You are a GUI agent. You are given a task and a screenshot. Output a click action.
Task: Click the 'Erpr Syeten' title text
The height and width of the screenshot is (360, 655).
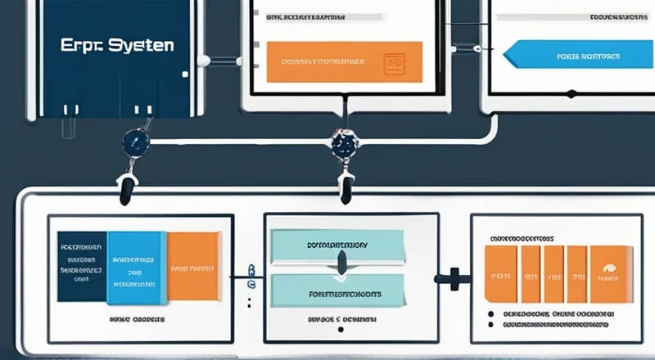[117, 46]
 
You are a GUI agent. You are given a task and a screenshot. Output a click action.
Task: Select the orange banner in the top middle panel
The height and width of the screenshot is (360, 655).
[345, 61]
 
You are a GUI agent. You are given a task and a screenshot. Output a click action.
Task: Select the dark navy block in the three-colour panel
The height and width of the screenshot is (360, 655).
[82, 266]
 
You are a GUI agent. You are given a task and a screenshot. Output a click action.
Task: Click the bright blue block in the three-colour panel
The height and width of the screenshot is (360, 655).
[136, 266]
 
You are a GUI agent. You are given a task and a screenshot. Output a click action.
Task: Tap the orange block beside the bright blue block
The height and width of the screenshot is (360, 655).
[193, 266]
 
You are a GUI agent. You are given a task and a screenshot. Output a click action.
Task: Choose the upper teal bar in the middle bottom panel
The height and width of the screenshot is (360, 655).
[337, 245]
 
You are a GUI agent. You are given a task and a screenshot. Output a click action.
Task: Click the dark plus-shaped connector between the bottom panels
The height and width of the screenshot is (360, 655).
[453, 278]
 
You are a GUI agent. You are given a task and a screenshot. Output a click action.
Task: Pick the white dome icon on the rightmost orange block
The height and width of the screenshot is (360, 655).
[608, 268]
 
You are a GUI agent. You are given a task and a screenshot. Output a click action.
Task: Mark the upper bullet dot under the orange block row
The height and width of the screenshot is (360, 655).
[490, 313]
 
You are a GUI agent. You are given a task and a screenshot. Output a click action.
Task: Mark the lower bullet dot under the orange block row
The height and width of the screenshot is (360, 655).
[490, 325]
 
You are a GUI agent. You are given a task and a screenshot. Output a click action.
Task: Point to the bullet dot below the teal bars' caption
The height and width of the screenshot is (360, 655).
[337, 331]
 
